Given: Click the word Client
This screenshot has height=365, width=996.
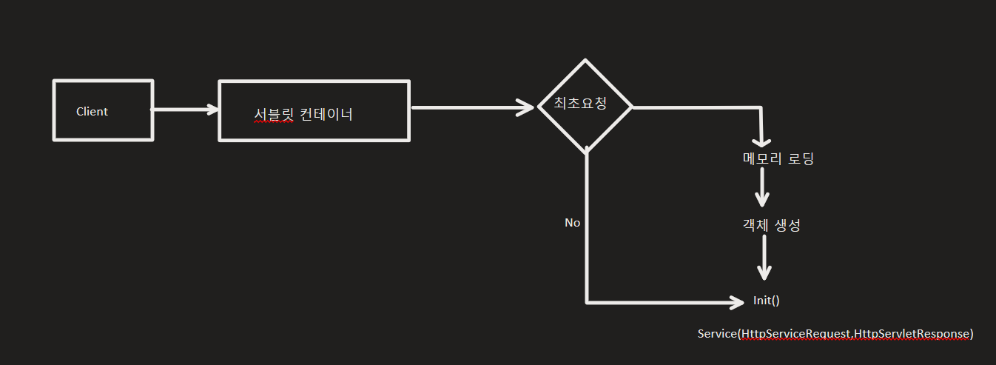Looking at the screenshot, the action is [x=92, y=112].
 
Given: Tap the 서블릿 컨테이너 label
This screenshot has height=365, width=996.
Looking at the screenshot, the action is [x=303, y=115].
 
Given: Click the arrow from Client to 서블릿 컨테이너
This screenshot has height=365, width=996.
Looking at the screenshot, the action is [x=185, y=110].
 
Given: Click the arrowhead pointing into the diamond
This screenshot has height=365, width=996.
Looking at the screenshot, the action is [x=527, y=107].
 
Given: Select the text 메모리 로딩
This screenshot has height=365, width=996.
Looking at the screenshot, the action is [x=778, y=158].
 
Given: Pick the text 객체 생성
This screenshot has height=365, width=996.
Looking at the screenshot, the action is [x=771, y=226].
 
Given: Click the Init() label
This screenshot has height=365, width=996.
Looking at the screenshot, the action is [x=767, y=301].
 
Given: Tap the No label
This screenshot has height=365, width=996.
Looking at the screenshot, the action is [x=572, y=222].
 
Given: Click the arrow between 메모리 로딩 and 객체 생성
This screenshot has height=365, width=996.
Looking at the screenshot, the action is [x=761, y=190].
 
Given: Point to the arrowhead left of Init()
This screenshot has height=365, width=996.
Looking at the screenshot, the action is [x=737, y=302].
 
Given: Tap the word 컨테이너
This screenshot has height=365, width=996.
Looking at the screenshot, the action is [x=326, y=115].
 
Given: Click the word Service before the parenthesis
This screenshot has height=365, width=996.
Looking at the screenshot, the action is [x=717, y=334].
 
